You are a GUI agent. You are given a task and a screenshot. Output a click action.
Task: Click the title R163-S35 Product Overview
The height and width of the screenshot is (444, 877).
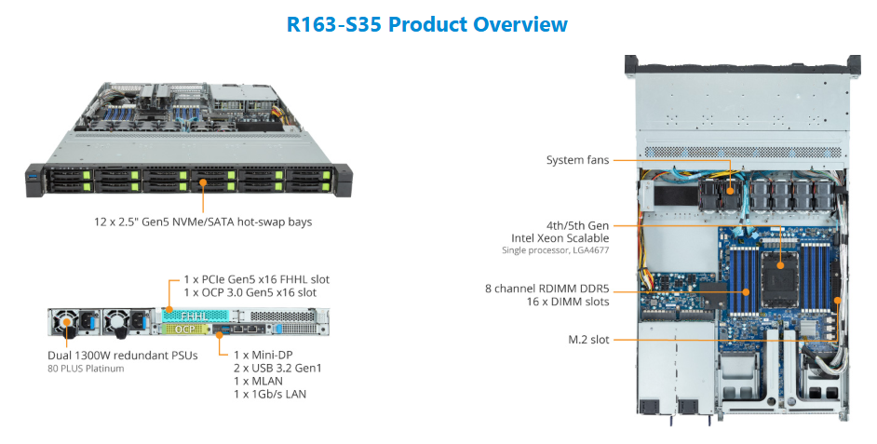(x=426, y=24)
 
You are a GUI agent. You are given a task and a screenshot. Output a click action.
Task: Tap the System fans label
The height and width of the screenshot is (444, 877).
(x=577, y=160)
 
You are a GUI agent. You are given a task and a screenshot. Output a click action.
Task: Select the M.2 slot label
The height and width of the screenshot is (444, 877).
(x=588, y=340)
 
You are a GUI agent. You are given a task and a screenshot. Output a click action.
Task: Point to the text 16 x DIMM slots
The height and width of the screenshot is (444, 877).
(x=568, y=302)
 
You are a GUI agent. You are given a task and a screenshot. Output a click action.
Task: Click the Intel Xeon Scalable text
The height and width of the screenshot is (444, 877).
(x=560, y=238)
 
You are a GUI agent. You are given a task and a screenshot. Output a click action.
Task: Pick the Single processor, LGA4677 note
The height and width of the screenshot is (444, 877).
(x=556, y=250)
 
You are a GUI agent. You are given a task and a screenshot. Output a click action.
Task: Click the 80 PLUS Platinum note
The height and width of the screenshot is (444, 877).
(x=86, y=369)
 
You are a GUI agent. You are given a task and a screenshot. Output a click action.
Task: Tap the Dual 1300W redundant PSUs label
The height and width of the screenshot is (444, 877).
(x=123, y=356)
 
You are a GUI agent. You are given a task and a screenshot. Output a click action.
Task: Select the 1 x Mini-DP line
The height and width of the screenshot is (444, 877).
(x=263, y=355)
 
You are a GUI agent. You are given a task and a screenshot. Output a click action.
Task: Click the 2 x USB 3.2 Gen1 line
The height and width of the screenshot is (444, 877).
(x=277, y=368)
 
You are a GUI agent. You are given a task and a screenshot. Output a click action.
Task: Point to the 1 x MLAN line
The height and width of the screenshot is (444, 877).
(x=258, y=381)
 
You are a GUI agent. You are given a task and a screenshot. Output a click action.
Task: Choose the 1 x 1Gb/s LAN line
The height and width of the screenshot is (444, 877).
(x=270, y=395)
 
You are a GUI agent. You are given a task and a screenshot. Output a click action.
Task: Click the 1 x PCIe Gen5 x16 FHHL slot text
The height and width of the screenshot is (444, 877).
(x=257, y=279)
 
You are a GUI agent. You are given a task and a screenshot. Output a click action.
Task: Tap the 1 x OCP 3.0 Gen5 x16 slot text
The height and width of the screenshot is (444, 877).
(x=250, y=292)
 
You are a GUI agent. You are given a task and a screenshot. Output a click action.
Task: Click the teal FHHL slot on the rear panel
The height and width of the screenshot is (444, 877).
(x=196, y=316)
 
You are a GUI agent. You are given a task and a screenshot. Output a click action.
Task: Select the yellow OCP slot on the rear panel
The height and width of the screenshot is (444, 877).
(x=185, y=330)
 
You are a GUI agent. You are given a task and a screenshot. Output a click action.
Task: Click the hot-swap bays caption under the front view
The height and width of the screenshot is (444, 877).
(x=202, y=222)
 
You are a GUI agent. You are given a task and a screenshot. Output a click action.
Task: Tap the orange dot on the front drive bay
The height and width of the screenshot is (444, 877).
(x=203, y=182)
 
